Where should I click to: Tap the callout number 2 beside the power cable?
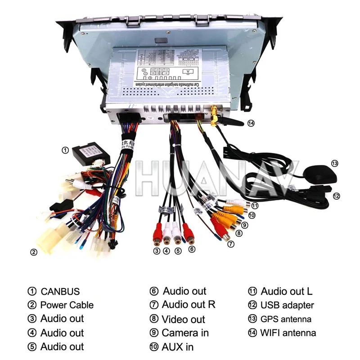(x=33, y=252)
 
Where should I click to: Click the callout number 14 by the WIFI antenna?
(x=251, y=123)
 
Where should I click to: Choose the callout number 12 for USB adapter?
(x=336, y=196)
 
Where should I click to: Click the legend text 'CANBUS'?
(x=60, y=291)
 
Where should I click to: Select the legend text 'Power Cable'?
(x=67, y=305)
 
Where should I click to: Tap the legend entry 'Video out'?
(x=183, y=319)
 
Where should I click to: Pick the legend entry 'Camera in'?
(x=185, y=333)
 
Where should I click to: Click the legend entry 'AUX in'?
(x=177, y=347)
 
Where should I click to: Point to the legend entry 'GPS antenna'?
(x=286, y=319)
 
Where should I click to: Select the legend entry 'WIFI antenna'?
(x=288, y=333)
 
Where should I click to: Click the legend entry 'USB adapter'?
(x=287, y=305)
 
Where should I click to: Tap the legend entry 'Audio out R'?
(x=189, y=305)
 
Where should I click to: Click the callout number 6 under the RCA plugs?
(x=192, y=249)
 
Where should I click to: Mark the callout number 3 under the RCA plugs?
(x=156, y=251)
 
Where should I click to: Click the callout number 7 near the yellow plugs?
(x=231, y=244)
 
